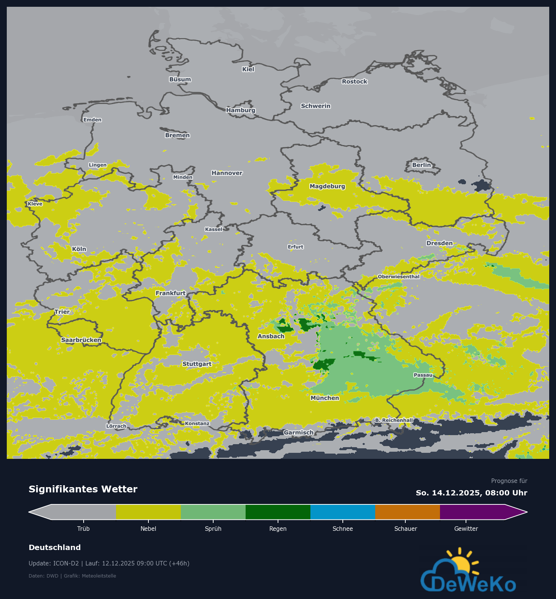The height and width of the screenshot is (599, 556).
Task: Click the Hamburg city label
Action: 241,110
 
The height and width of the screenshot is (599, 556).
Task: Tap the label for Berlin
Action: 421,165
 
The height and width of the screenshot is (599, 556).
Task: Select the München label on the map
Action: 325,398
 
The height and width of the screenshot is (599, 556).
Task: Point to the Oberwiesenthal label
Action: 399,277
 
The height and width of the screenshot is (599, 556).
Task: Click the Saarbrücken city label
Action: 81,340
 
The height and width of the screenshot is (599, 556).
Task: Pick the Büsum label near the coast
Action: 180,79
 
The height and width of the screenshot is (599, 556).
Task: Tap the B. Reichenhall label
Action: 394,420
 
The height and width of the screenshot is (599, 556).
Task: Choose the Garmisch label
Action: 298,432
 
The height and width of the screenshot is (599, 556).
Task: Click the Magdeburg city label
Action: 327,186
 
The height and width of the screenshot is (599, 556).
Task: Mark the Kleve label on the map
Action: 35,204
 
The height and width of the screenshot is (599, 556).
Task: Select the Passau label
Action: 423,375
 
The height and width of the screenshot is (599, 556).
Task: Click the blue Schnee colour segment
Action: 342,512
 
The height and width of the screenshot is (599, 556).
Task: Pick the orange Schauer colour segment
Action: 407,512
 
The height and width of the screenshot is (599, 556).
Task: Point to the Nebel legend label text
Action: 148,529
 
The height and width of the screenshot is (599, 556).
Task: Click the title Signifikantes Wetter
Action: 83,489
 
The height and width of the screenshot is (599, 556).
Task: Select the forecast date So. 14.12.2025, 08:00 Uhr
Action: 471,493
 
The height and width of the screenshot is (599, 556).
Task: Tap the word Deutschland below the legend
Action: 55,547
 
